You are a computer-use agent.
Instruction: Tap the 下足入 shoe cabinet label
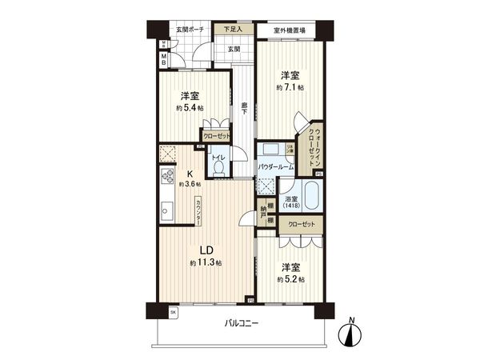click(233, 30)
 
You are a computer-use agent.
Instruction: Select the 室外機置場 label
click(289, 30)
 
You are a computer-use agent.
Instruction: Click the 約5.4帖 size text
click(190, 108)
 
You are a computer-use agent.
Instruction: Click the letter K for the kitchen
click(190, 173)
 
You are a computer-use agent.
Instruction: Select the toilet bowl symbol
click(218, 169)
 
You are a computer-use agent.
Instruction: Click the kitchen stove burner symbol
click(168, 178)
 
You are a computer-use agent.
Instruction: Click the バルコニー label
click(242, 324)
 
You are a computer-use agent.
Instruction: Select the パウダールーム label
click(277, 166)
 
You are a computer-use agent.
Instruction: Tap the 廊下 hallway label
click(243, 108)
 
